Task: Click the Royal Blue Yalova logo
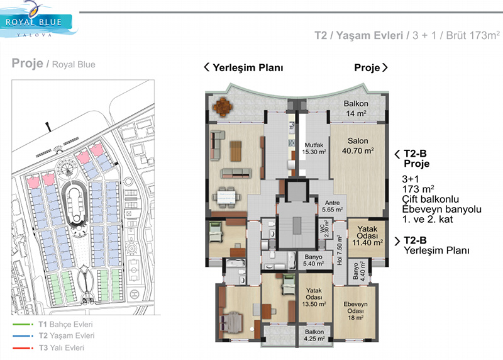[38, 20]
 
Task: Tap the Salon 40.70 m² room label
[358, 146]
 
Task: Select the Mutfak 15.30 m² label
[314, 149]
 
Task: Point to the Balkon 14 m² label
[356, 108]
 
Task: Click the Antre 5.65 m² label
[333, 206]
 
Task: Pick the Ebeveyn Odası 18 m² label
[355, 311]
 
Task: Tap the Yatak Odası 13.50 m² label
[314, 297]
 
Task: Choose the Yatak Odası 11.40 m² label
[367, 236]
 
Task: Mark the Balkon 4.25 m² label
[314, 335]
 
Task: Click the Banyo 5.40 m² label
[313, 260]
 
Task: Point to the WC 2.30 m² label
[324, 228]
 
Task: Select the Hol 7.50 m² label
[340, 250]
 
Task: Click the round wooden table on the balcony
[223, 107]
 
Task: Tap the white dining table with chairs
[226, 196]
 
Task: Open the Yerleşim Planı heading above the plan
[243, 67]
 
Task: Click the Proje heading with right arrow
[371, 67]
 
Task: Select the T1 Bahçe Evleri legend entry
[53, 324]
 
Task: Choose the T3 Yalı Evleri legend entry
[48, 348]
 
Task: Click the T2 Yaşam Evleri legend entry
[53, 336]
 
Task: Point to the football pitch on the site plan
[134, 269]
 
